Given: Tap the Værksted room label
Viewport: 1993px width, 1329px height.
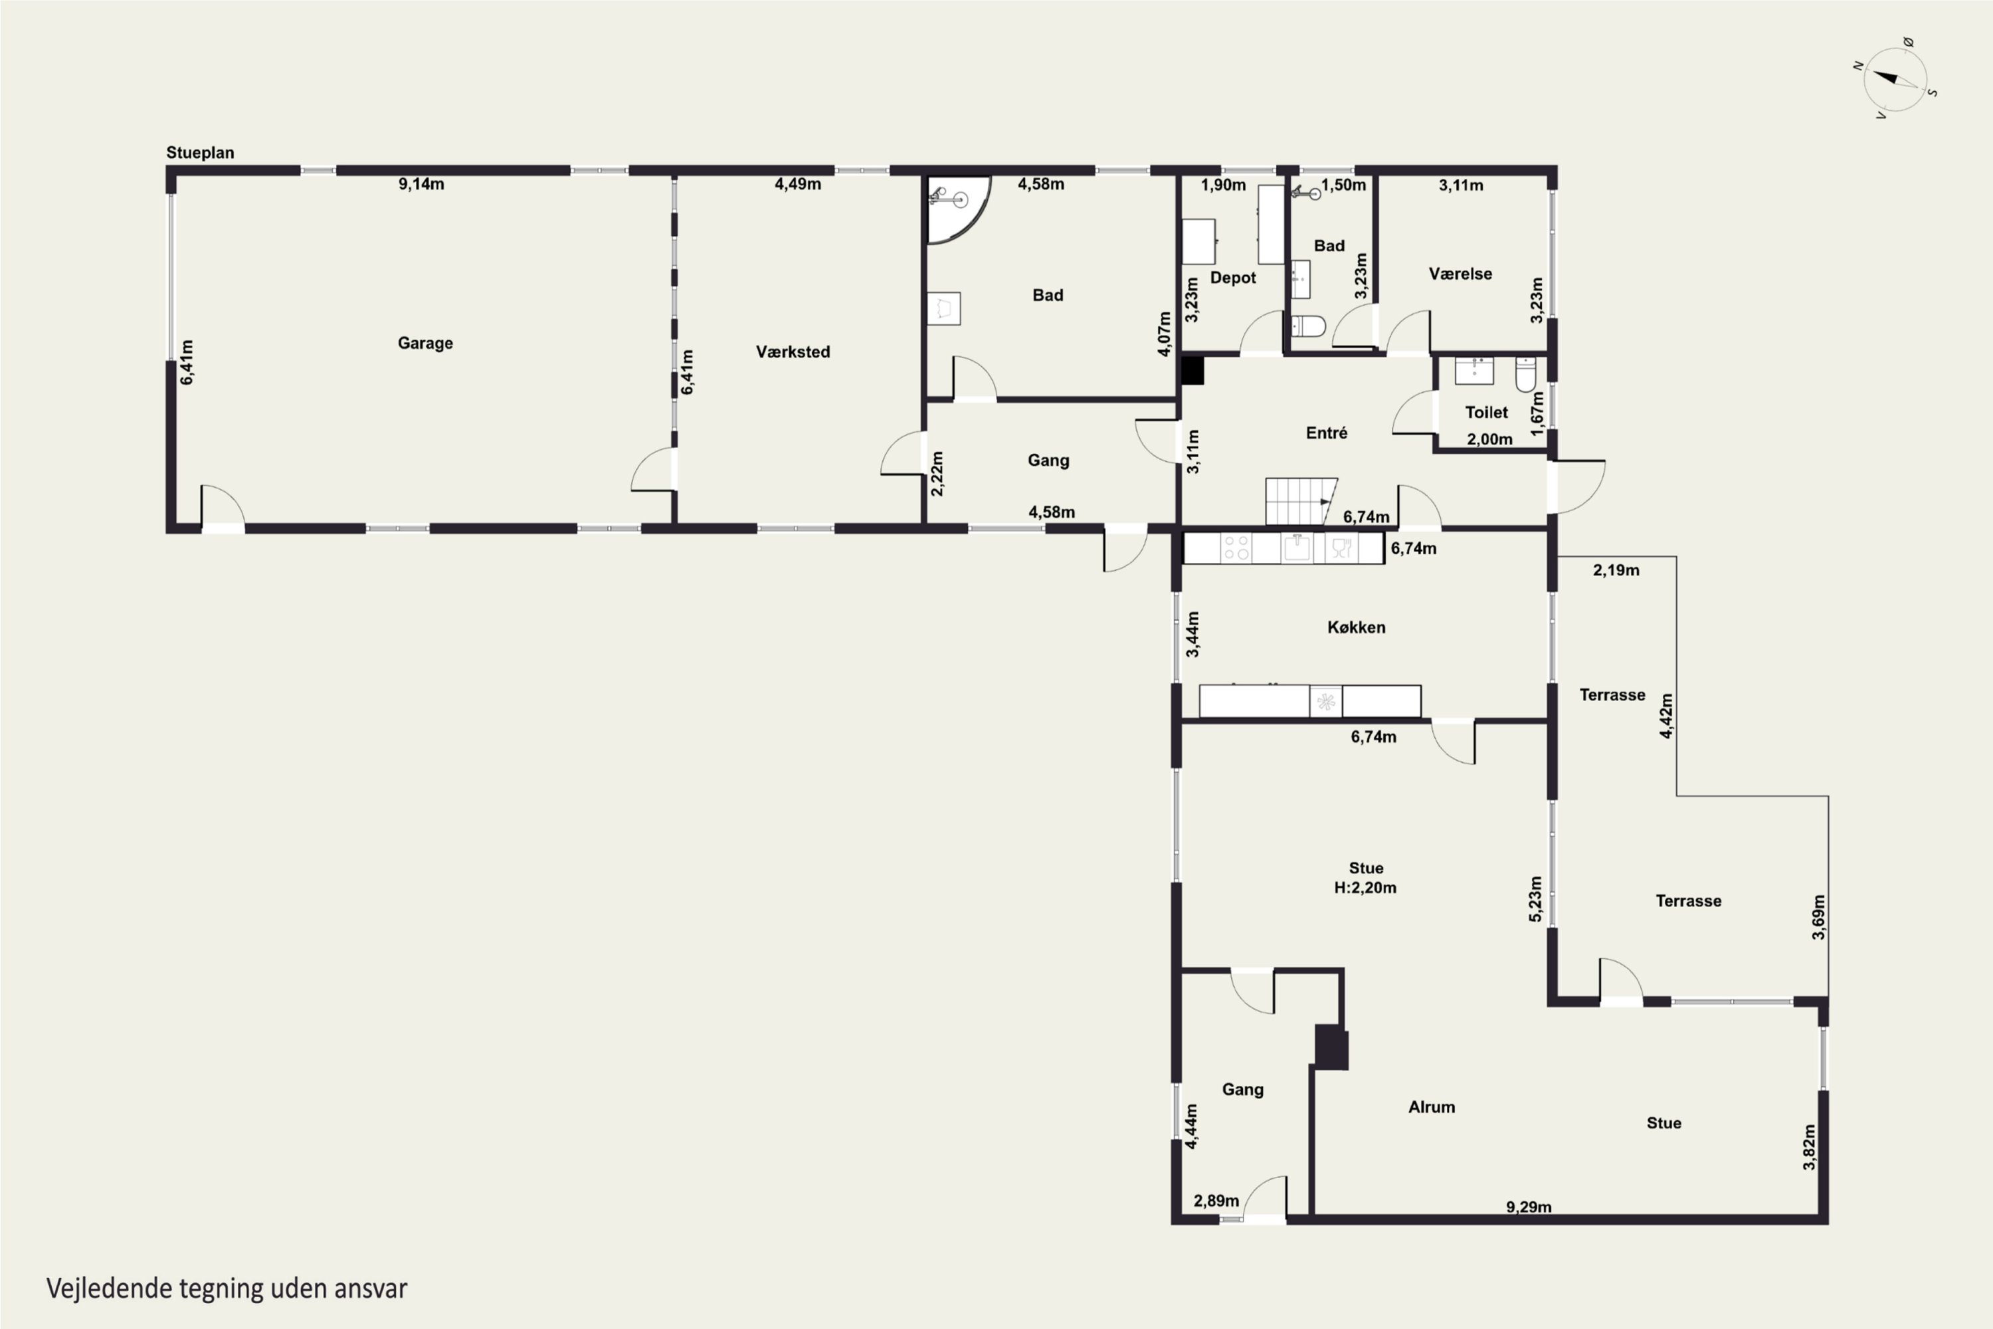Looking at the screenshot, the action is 793,352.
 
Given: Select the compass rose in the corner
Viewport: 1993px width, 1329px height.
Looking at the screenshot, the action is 1895,80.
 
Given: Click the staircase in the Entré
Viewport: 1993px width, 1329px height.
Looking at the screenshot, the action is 1301,502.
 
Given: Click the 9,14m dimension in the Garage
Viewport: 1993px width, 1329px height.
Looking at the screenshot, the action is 422,184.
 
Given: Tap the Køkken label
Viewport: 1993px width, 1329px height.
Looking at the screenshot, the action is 1357,627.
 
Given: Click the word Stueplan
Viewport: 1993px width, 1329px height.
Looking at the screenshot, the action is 200,153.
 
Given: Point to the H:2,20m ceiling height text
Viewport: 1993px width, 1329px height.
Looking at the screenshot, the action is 1365,887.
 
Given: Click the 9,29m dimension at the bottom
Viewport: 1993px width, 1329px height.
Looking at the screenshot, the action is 1529,1207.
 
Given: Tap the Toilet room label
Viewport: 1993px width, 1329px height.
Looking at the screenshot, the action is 1486,412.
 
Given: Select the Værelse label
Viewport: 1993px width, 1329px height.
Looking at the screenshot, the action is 1461,274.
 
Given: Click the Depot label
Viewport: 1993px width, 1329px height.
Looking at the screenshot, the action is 1233,278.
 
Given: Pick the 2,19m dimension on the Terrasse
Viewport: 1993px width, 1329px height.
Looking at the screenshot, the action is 1616,570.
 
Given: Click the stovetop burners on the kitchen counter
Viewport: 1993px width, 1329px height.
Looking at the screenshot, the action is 1236,548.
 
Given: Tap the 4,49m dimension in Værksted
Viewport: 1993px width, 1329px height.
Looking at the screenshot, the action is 797,184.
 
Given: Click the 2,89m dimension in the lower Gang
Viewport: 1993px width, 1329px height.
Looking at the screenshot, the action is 1216,1201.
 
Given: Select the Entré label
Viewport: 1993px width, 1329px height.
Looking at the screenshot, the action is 1326,433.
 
